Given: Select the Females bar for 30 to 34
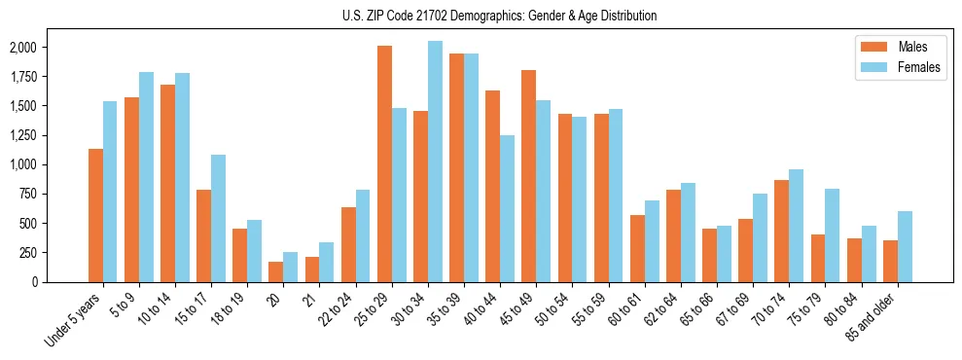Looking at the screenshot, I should click(x=435, y=162).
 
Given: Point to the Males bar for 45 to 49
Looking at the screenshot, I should click(x=528, y=176).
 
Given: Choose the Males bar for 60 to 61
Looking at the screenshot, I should click(x=637, y=248).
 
